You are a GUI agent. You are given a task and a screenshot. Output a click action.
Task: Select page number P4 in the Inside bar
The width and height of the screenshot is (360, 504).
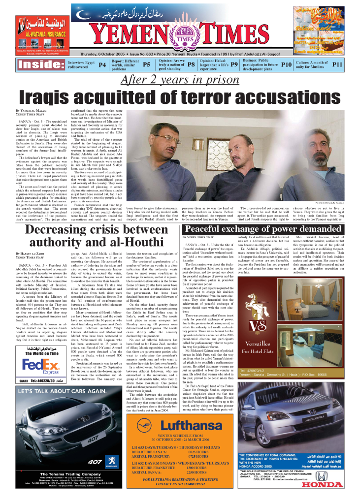tap(102, 64)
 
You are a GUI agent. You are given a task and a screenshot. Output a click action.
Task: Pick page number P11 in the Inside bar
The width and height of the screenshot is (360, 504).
tap(337, 64)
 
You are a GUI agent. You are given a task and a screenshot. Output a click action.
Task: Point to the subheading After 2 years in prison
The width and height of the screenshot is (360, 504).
tap(180, 80)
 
